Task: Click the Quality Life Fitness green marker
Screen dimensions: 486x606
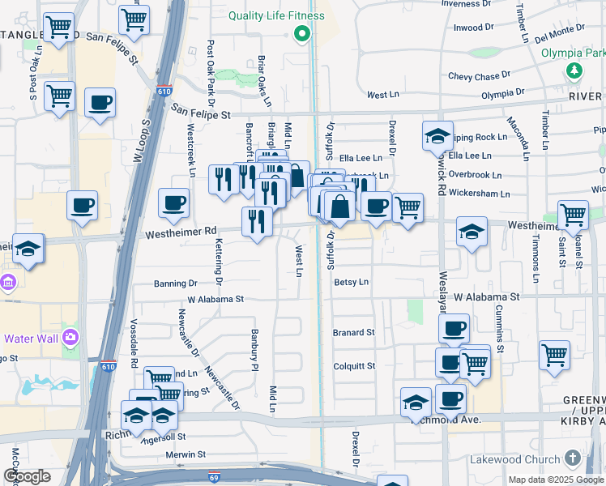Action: tap(302, 34)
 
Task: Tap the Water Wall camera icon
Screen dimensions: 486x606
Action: tap(70, 336)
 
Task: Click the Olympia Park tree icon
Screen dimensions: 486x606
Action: tap(574, 70)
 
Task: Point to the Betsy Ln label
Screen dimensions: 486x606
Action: tap(351, 283)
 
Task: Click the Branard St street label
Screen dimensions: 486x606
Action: tap(353, 332)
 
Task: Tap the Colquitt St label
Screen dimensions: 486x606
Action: tap(354, 366)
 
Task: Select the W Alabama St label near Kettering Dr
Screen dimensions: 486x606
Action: tap(216, 299)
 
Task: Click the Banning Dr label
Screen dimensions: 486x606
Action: tap(176, 283)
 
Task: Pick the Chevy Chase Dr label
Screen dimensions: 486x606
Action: tap(480, 77)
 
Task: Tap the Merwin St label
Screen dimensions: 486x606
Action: tap(187, 455)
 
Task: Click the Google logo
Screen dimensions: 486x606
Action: tap(27, 476)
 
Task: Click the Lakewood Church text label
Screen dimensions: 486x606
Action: tap(515, 459)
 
